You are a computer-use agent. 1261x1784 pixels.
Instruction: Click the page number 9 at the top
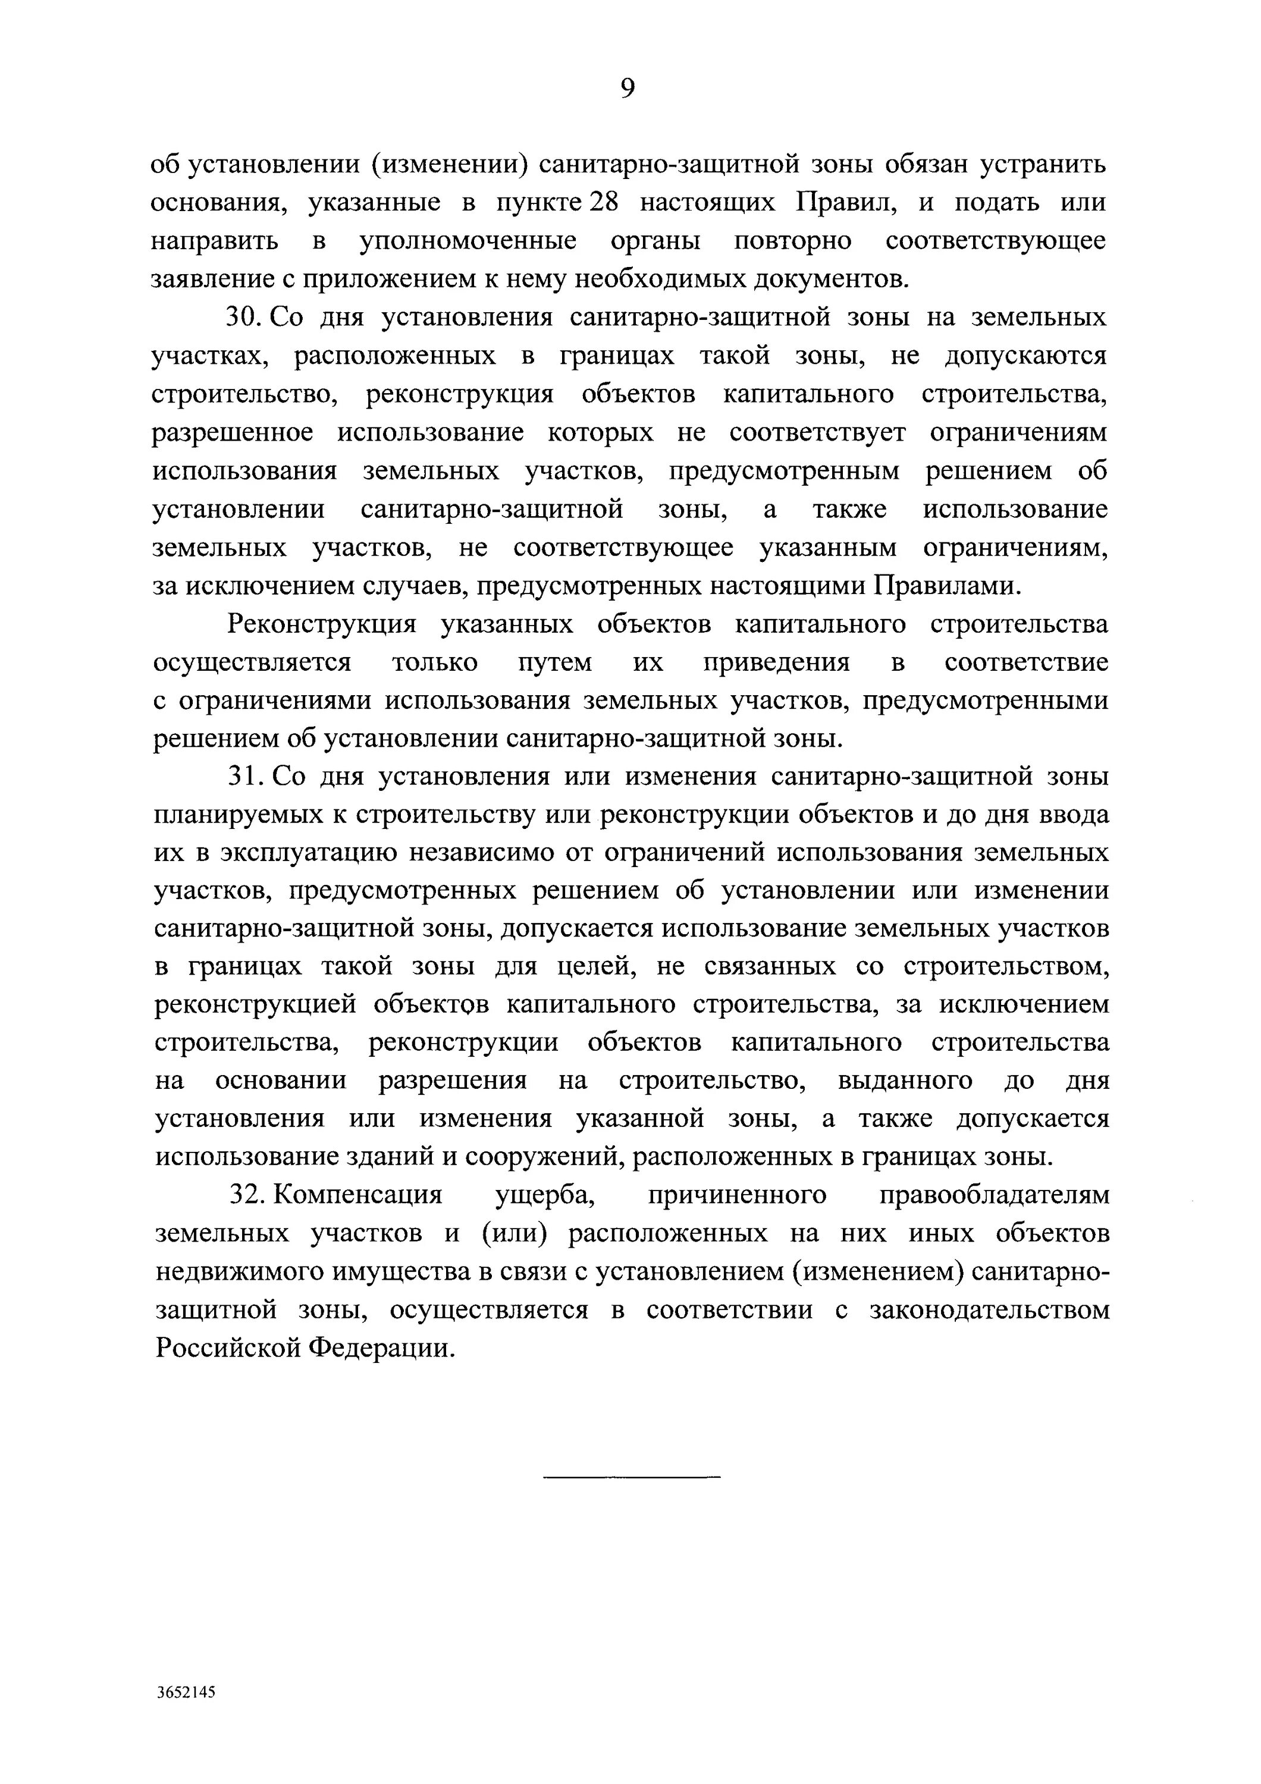click(628, 89)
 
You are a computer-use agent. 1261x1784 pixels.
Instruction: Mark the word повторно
click(792, 241)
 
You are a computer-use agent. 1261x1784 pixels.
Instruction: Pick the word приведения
click(776, 663)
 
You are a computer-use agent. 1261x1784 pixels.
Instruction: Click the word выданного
click(904, 1081)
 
